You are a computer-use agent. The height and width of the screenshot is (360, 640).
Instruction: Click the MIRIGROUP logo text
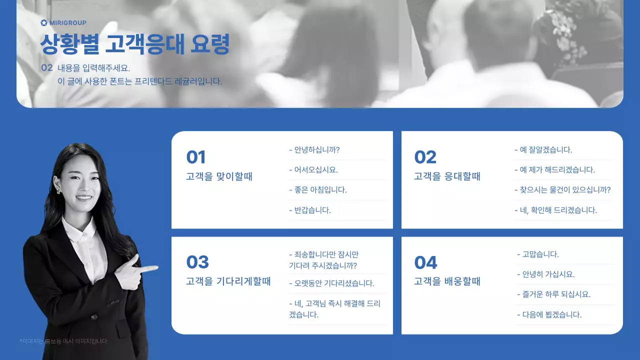point(67,22)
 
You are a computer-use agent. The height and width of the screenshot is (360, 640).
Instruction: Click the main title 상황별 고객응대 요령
point(134,44)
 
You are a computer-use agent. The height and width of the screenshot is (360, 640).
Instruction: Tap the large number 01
point(196,157)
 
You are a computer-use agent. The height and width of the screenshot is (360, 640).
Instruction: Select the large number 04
point(425,262)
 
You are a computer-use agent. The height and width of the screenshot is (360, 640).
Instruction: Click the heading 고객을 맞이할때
point(219,176)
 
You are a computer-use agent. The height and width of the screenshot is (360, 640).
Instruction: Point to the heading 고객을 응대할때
point(447,176)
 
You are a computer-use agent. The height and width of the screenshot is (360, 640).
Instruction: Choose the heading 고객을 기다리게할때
point(228,281)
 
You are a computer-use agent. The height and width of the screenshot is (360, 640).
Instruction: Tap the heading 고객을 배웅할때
point(447,281)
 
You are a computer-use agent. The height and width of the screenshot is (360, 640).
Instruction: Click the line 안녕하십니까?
point(314,149)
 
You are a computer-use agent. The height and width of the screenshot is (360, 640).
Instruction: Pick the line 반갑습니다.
point(310,210)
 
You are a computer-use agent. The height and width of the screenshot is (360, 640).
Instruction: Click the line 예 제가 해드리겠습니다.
point(554,169)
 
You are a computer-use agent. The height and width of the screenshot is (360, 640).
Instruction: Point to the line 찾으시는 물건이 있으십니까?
point(562,190)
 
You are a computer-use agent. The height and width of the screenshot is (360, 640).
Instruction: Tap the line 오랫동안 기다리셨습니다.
point(331,283)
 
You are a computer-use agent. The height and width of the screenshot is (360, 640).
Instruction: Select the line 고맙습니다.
point(537,254)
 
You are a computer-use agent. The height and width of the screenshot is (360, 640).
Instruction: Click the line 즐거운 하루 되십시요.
point(553,294)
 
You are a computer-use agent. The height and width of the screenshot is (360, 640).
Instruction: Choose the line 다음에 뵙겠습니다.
point(549,314)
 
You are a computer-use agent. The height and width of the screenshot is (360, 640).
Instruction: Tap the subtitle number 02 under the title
point(46,67)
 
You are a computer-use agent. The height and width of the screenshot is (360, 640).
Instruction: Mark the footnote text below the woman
point(63,341)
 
